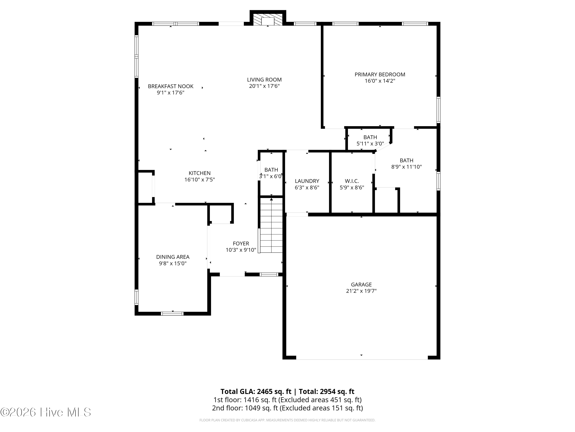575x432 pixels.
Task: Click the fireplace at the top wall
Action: (268, 18)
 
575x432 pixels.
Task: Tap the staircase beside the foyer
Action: (271, 225)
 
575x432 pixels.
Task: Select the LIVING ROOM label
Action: (264, 80)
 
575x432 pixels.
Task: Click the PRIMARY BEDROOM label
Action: (380, 74)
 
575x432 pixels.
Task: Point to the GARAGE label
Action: (361, 285)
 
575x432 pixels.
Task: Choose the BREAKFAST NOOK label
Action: (171, 86)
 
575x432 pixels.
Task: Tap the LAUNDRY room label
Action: (307, 181)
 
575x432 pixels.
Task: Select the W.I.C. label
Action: (352, 181)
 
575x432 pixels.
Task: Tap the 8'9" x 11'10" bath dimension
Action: (407, 167)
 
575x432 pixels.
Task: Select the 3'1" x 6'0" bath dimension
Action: (271, 176)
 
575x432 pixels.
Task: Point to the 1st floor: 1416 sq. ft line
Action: (287, 400)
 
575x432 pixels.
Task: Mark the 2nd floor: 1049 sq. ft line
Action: (287, 408)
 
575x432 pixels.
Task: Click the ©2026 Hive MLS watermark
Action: (46, 412)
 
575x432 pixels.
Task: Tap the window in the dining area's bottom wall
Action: (172, 314)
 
